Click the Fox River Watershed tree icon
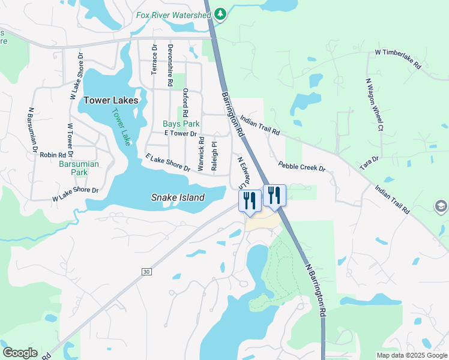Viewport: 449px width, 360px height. [x=220, y=14]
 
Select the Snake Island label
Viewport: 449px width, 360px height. [x=178, y=197]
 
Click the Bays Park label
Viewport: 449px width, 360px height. [x=181, y=124]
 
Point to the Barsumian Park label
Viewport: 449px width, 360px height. [x=79, y=168]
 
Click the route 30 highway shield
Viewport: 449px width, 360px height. [x=146, y=272]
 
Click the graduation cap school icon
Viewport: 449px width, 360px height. [x=442, y=207]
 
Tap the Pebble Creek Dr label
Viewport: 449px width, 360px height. [x=301, y=166]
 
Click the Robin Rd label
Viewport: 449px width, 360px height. [x=52, y=155]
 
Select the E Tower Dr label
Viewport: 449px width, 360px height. [x=180, y=134]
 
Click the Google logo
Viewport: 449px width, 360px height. [x=20, y=353]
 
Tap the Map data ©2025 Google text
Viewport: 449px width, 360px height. [x=411, y=355]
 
